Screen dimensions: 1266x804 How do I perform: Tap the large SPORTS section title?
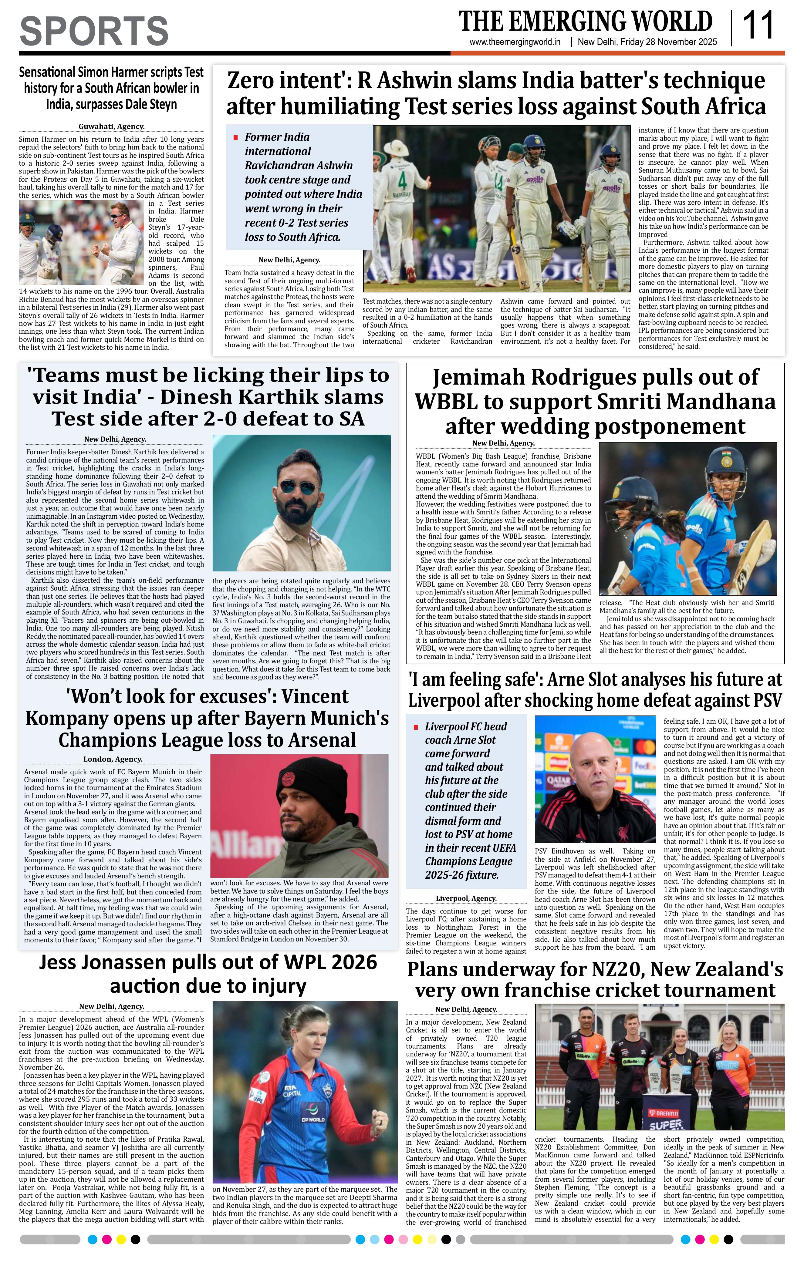(94, 31)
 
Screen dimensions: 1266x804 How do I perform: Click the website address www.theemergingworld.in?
(515, 42)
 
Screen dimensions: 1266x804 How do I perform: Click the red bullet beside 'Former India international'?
(235, 138)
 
